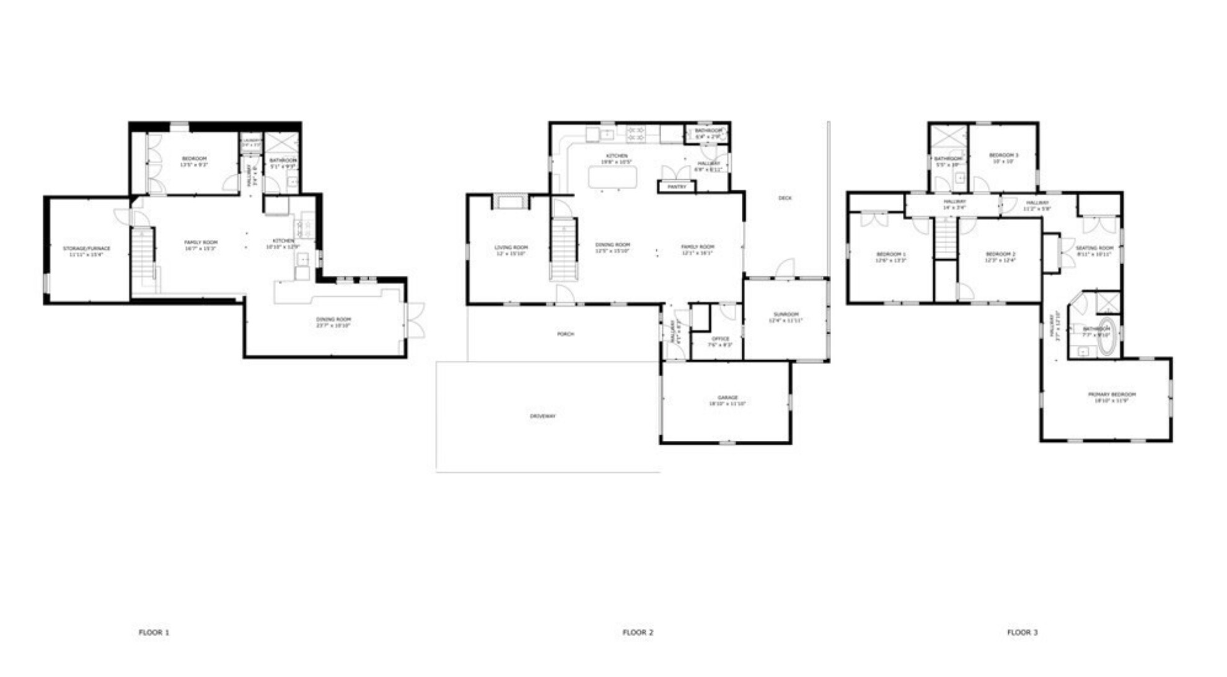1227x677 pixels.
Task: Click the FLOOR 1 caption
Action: (x=154, y=632)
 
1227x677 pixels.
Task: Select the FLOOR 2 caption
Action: (x=638, y=632)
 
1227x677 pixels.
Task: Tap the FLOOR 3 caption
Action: (x=1022, y=632)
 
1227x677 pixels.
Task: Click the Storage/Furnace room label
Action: (x=87, y=249)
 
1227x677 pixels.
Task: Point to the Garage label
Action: (x=728, y=397)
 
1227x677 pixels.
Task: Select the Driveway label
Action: (x=542, y=416)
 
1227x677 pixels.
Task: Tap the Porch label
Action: (x=565, y=334)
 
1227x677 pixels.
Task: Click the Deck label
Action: (x=785, y=198)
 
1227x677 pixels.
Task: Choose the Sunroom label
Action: (x=786, y=314)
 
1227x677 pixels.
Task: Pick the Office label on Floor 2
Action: (x=720, y=338)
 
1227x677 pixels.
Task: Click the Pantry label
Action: (x=677, y=187)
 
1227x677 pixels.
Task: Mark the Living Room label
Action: (x=511, y=247)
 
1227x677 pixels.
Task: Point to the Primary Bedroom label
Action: (x=1112, y=394)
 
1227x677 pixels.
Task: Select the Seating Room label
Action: (x=1094, y=248)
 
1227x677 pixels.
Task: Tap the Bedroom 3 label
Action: (x=1003, y=155)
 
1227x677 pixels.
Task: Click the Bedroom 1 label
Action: (x=891, y=254)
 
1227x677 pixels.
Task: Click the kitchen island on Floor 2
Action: (x=612, y=177)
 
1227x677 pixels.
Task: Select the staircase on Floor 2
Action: (x=563, y=248)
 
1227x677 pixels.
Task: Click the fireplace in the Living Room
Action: (x=510, y=201)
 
